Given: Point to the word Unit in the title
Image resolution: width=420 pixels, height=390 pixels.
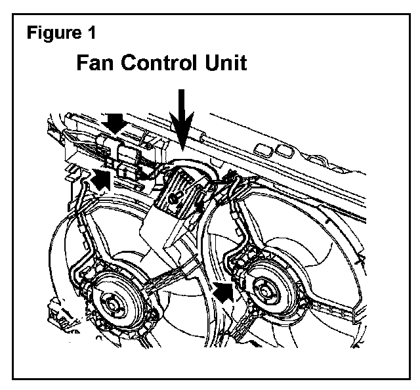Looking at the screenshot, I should pos(226,64).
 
